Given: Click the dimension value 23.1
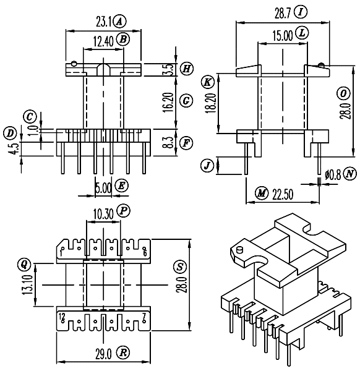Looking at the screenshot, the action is click(104, 22).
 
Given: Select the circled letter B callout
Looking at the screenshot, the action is click(123, 40).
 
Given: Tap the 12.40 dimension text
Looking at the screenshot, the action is click(103, 41).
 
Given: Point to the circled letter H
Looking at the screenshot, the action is click(187, 69).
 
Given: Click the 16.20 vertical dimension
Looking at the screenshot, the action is click(169, 102).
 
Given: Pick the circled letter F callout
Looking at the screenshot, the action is click(186, 143).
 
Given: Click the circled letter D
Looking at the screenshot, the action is click(10, 134).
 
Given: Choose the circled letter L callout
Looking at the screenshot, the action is click(302, 33).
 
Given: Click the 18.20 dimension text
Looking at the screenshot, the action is click(211, 103).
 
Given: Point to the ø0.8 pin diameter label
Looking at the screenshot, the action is click(333, 175).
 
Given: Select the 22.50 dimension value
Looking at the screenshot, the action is click(283, 195).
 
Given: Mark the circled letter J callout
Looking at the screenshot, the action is click(207, 166).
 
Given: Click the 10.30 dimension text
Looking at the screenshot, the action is click(103, 215).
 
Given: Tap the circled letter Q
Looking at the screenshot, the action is click(24, 265).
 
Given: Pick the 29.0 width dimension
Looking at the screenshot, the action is click(103, 354).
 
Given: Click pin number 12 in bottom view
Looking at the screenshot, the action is click(62, 316).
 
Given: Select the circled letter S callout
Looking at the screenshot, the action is click(180, 267).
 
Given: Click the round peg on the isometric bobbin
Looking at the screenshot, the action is click(240, 250).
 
